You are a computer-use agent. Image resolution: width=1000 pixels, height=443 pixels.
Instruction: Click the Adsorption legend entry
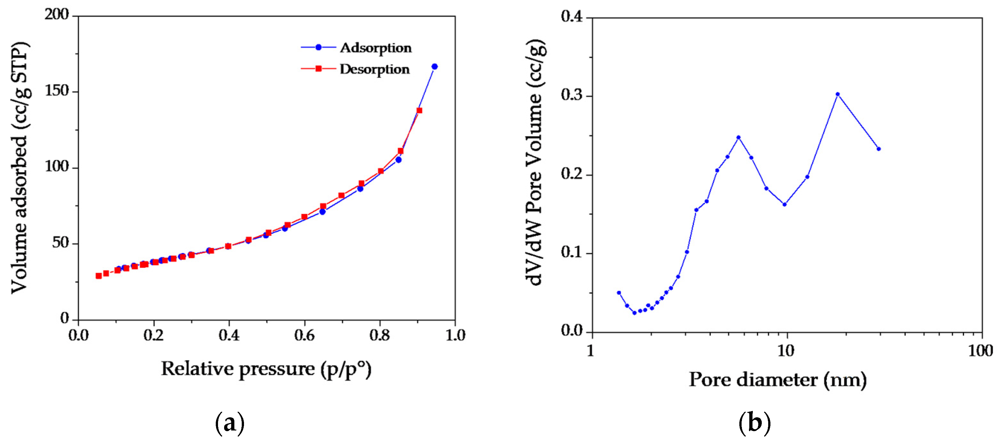pos(375,48)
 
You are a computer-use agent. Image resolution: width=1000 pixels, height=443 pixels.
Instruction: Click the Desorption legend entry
pos(374,69)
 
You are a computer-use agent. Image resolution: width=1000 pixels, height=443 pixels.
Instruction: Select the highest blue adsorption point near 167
pos(434,67)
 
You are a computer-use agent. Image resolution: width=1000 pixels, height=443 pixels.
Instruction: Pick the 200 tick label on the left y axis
pos(56,14)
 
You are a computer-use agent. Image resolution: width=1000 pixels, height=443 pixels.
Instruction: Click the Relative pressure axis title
pos(266,369)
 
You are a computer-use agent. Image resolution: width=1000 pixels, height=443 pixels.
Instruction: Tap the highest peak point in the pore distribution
pos(838,94)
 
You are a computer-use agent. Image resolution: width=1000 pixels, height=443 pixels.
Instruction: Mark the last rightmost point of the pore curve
pos(879,149)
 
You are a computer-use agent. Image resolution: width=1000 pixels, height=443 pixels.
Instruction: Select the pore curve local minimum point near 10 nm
pos(785,205)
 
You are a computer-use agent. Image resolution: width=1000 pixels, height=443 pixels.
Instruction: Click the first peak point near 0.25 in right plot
pos(739,137)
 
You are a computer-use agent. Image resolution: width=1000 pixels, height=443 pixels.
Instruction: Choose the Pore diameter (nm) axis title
pos(777,380)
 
